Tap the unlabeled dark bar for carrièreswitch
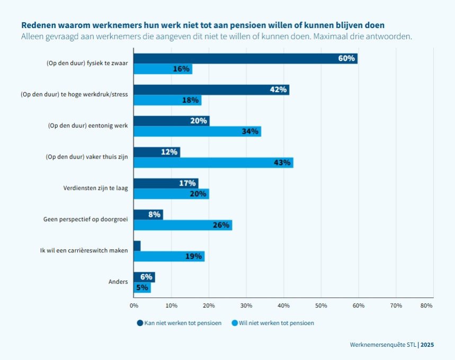click(137, 246)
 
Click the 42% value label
click(278, 90)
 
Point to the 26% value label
click(221, 225)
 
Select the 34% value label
click(250, 131)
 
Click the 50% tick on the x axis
click(321, 305)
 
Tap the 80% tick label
click(426, 305)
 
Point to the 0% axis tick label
click(134, 305)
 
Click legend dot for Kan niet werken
click(140, 322)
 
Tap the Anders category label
click(118, 282)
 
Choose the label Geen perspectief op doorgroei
click(85, 219)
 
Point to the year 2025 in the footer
click(427, 345)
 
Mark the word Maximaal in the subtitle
click(326, 37)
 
